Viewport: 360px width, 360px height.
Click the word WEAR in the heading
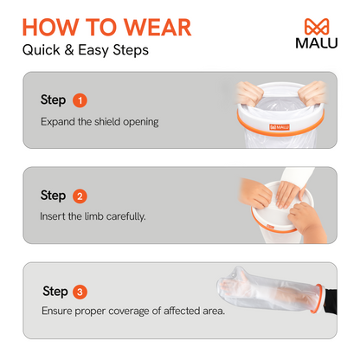[157, 28]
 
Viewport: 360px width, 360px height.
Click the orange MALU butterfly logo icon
[317, 27]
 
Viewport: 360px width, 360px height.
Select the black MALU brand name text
[317, 43]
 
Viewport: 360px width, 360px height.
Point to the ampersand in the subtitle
[69, 50]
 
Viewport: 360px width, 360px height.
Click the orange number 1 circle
[80, 100]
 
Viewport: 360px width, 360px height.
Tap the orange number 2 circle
[80, 196]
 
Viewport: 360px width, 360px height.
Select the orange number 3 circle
[80, 292]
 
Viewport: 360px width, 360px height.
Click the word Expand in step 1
[58, 122]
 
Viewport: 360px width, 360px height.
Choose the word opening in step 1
[141, 122]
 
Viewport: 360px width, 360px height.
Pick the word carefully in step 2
[125, 216]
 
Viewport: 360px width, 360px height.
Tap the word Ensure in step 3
[57, 311]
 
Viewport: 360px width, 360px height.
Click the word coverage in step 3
[129, 312]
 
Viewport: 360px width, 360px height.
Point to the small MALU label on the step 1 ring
[280, 127]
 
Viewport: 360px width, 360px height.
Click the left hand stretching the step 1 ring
[249, 93]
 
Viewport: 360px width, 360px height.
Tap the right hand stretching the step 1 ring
[312, 93]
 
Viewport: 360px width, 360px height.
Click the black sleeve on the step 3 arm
[331, 301]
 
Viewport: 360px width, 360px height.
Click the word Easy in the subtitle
[93, 50]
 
